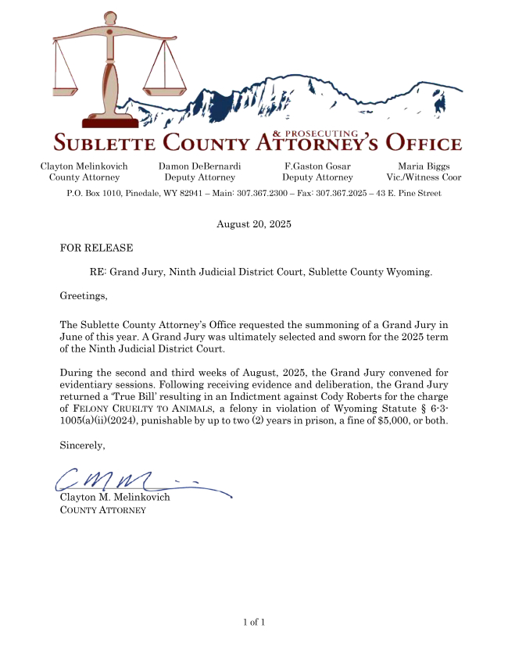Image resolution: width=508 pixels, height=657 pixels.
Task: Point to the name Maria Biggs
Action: (x=424, y=166)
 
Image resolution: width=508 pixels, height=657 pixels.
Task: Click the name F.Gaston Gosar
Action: (x=317, y=166)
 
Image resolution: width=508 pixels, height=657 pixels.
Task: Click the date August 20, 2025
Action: (x=253, y=224)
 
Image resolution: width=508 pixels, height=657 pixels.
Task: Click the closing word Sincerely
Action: (x=82, y=445)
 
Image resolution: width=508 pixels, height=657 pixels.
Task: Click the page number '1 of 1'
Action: (x=254, y=622)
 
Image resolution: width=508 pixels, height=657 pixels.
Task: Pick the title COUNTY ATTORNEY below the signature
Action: (x=102, y=510)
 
